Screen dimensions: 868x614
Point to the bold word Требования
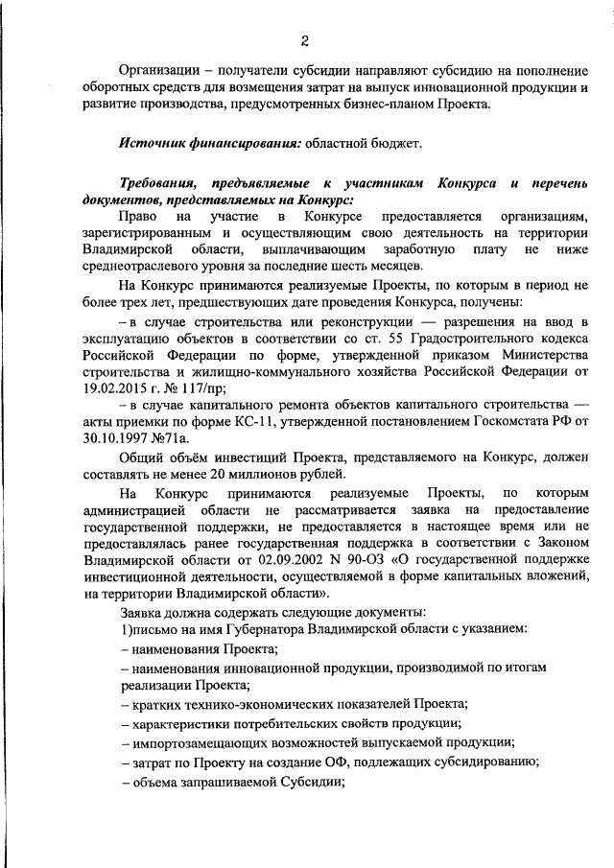(x=161, y=182)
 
